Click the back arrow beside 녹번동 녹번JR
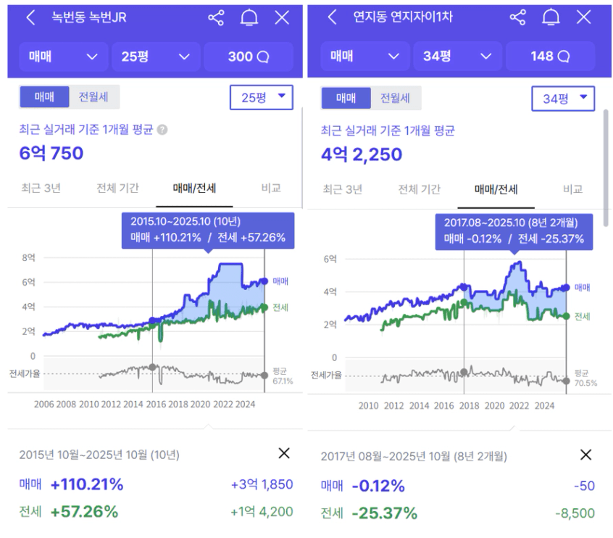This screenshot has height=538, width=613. pyautogui.click(x=30, y=17)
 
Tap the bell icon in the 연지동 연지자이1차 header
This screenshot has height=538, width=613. pyautogui.click(x=551, y=17)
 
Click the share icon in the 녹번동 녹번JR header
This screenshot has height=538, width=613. pyautogui.click(x=216, y=17)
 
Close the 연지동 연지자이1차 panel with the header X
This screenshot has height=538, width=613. pyautogui.click(x=583, y=17)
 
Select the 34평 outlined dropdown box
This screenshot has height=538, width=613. pyautogui.click(x=563, y=98)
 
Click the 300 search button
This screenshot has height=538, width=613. pyautogui.click(x=249, y=56)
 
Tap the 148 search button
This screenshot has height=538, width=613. pyautogui.click(x=550, y=56)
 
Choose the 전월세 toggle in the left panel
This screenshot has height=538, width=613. pyautogui.click(x=94, y=97)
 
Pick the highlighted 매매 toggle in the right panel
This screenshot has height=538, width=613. pyautogui.click(x=346, y=98)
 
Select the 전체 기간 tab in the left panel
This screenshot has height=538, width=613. pyautogui.click(x=117, y=189)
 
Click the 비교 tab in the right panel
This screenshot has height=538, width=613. pyautogui.click(x=572, y=189)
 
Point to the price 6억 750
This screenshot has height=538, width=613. pyautogui.click(x=51, y=153)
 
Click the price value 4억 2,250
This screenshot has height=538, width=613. pyautogui.click(x=362, y=154)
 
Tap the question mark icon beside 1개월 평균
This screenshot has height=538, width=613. pyautogui.click(x=162, y=131)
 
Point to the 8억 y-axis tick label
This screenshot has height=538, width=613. pyautogui.click(x=29, y=257)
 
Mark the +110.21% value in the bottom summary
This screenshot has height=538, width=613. pyautogui.click(x=87, y=484)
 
